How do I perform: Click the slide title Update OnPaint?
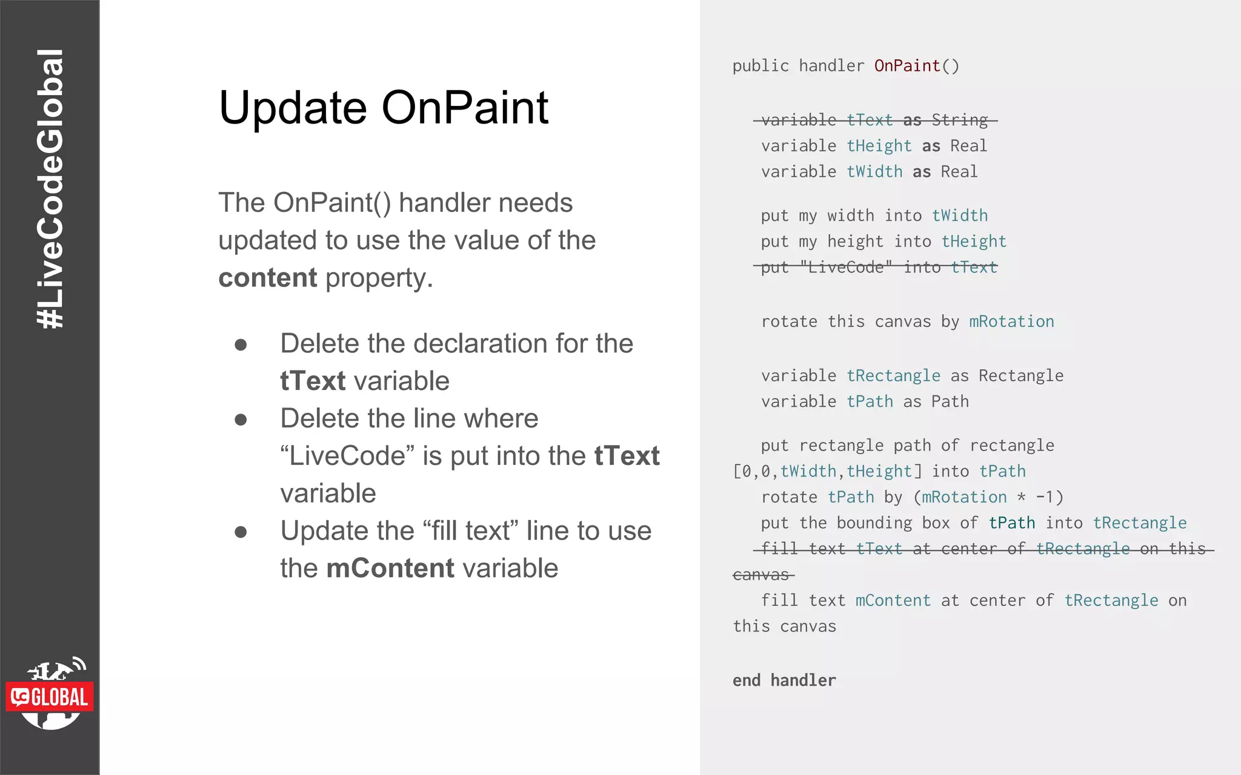pos(383,108)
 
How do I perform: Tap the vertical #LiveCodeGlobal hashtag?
pos(50,189)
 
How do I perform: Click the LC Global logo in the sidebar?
pos(50,694)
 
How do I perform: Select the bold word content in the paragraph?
pos(267,278)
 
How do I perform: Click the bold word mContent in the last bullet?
pos(390,569)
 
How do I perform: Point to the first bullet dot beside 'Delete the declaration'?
pos(241,345)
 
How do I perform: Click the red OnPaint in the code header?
pos(907,66)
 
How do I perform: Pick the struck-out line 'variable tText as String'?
pos(875,120)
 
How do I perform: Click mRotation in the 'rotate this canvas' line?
pos(1011,322)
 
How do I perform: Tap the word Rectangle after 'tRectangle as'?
pos(1020,376)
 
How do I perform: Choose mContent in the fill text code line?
pos(893,601)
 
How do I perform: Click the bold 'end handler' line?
pos(784,681)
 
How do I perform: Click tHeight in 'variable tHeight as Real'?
pos(879,146)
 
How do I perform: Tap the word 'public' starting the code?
pos(760,66)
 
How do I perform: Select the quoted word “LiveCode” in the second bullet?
pos(348,456)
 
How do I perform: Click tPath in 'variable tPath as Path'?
pos(870,402)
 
